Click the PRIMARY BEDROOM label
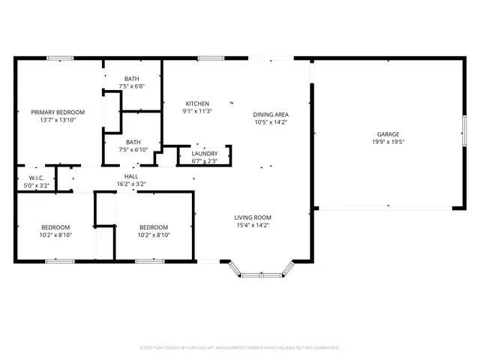tap(58, 112)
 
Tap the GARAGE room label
tap(388, 133)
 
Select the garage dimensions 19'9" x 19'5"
tap(388, 142)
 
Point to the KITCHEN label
tap(197, 103)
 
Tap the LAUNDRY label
tap(205, 153)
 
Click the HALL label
tap(130, 175)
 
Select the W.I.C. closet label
tap(37, 178)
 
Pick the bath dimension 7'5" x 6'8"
tap(132, 86)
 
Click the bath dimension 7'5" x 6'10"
tap(133, 149)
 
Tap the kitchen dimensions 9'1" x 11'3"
tap(197, 111)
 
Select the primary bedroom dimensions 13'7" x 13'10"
tap(58, 120)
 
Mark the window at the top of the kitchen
tap(211, 58)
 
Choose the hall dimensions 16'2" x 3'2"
tap(130, 184)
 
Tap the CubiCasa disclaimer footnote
tap(240, 348)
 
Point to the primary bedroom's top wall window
tap(60, 58)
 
